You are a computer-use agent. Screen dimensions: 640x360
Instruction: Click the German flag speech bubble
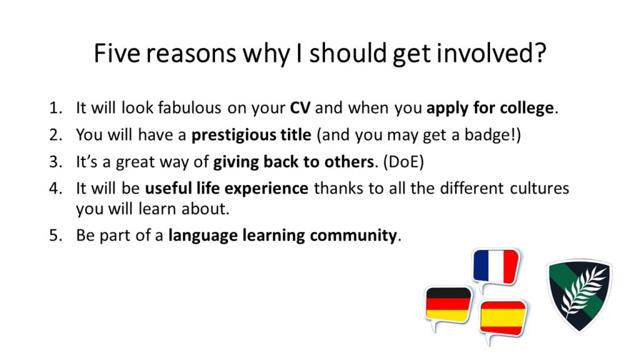pyautogui.click(x=448, y=306)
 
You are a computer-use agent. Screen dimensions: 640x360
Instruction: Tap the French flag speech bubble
pyautogui.click(x=496, y=268)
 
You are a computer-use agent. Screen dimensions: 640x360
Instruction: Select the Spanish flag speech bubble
pyautogui.click(x=503, y=320)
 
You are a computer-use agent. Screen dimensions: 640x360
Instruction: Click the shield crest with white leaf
pyautogui.click(x=579, y=296)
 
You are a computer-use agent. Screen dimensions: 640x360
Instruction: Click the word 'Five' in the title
pyautogui.click(x=117, y=53)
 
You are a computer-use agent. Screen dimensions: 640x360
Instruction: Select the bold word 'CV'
pyautogui.click(x=300, y=108)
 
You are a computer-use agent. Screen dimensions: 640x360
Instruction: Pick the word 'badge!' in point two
pyautogui.click(x=492, y=136)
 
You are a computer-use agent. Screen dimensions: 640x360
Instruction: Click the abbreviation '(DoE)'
pyautogui.click(x=403, y=162)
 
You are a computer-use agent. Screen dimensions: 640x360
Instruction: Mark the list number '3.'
pyautogui.click(x=56, y=162)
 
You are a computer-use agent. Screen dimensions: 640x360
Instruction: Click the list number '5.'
pyautogui.click(x=56, y=236)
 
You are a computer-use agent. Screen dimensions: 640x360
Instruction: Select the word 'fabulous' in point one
pyautogui.click(x=189, y=108)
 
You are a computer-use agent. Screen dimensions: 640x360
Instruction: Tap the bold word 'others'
pyautogui.click(x=349, y=162)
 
